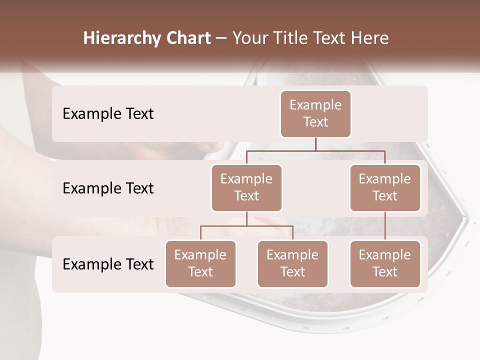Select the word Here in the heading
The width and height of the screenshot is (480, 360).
click(x=370, y=38)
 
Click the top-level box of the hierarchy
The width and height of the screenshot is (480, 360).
click(x=315, y=113)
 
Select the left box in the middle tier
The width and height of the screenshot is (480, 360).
click(x=246, y=187)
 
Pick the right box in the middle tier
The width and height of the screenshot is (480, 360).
click(x=385, y=187)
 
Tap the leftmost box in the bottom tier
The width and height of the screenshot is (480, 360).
click(x=200, y=263)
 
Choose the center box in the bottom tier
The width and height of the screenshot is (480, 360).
click(x=292, y=263)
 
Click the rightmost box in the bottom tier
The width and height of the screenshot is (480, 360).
click(x=385, y=263)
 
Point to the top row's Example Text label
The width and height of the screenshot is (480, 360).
click(x=108, y=114)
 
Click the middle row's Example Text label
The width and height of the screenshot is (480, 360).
click(x=108, y=188)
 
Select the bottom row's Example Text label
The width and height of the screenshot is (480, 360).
click(x=108, y=264)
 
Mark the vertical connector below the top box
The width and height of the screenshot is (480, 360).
click(x=315, y=144)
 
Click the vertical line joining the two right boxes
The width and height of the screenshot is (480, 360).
click(x=385, y=225)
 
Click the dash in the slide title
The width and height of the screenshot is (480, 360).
click(x=221, y=38)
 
